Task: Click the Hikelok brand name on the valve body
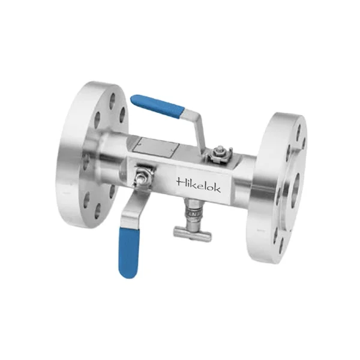tap(199, 185)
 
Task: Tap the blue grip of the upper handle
tap(158, 105)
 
